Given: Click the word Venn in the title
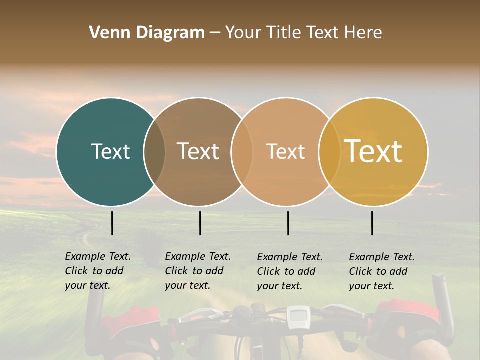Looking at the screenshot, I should [x=107, y=33].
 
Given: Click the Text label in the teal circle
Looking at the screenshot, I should [x=110, y=151].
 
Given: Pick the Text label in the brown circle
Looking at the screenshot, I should [x=198, y=151].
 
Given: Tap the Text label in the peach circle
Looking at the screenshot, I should [x=285, y=151].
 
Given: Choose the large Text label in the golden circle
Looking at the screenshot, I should [x=373, y=151].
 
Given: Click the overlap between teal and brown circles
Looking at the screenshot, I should [x=154, y=152].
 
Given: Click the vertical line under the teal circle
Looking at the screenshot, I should [x=112, y=223].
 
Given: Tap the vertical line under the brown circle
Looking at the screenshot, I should [x=200, y=223].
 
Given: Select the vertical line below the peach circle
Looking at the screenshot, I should [x=288, y=223].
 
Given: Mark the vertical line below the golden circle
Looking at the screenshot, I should [x=372, y=223].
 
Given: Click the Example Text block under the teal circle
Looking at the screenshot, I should [x=97, y=271].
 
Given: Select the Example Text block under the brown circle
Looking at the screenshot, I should [x=197, y=271].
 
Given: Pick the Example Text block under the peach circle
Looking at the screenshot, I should [x=289, y=271].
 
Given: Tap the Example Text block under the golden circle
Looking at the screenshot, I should [x=381, y=271].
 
